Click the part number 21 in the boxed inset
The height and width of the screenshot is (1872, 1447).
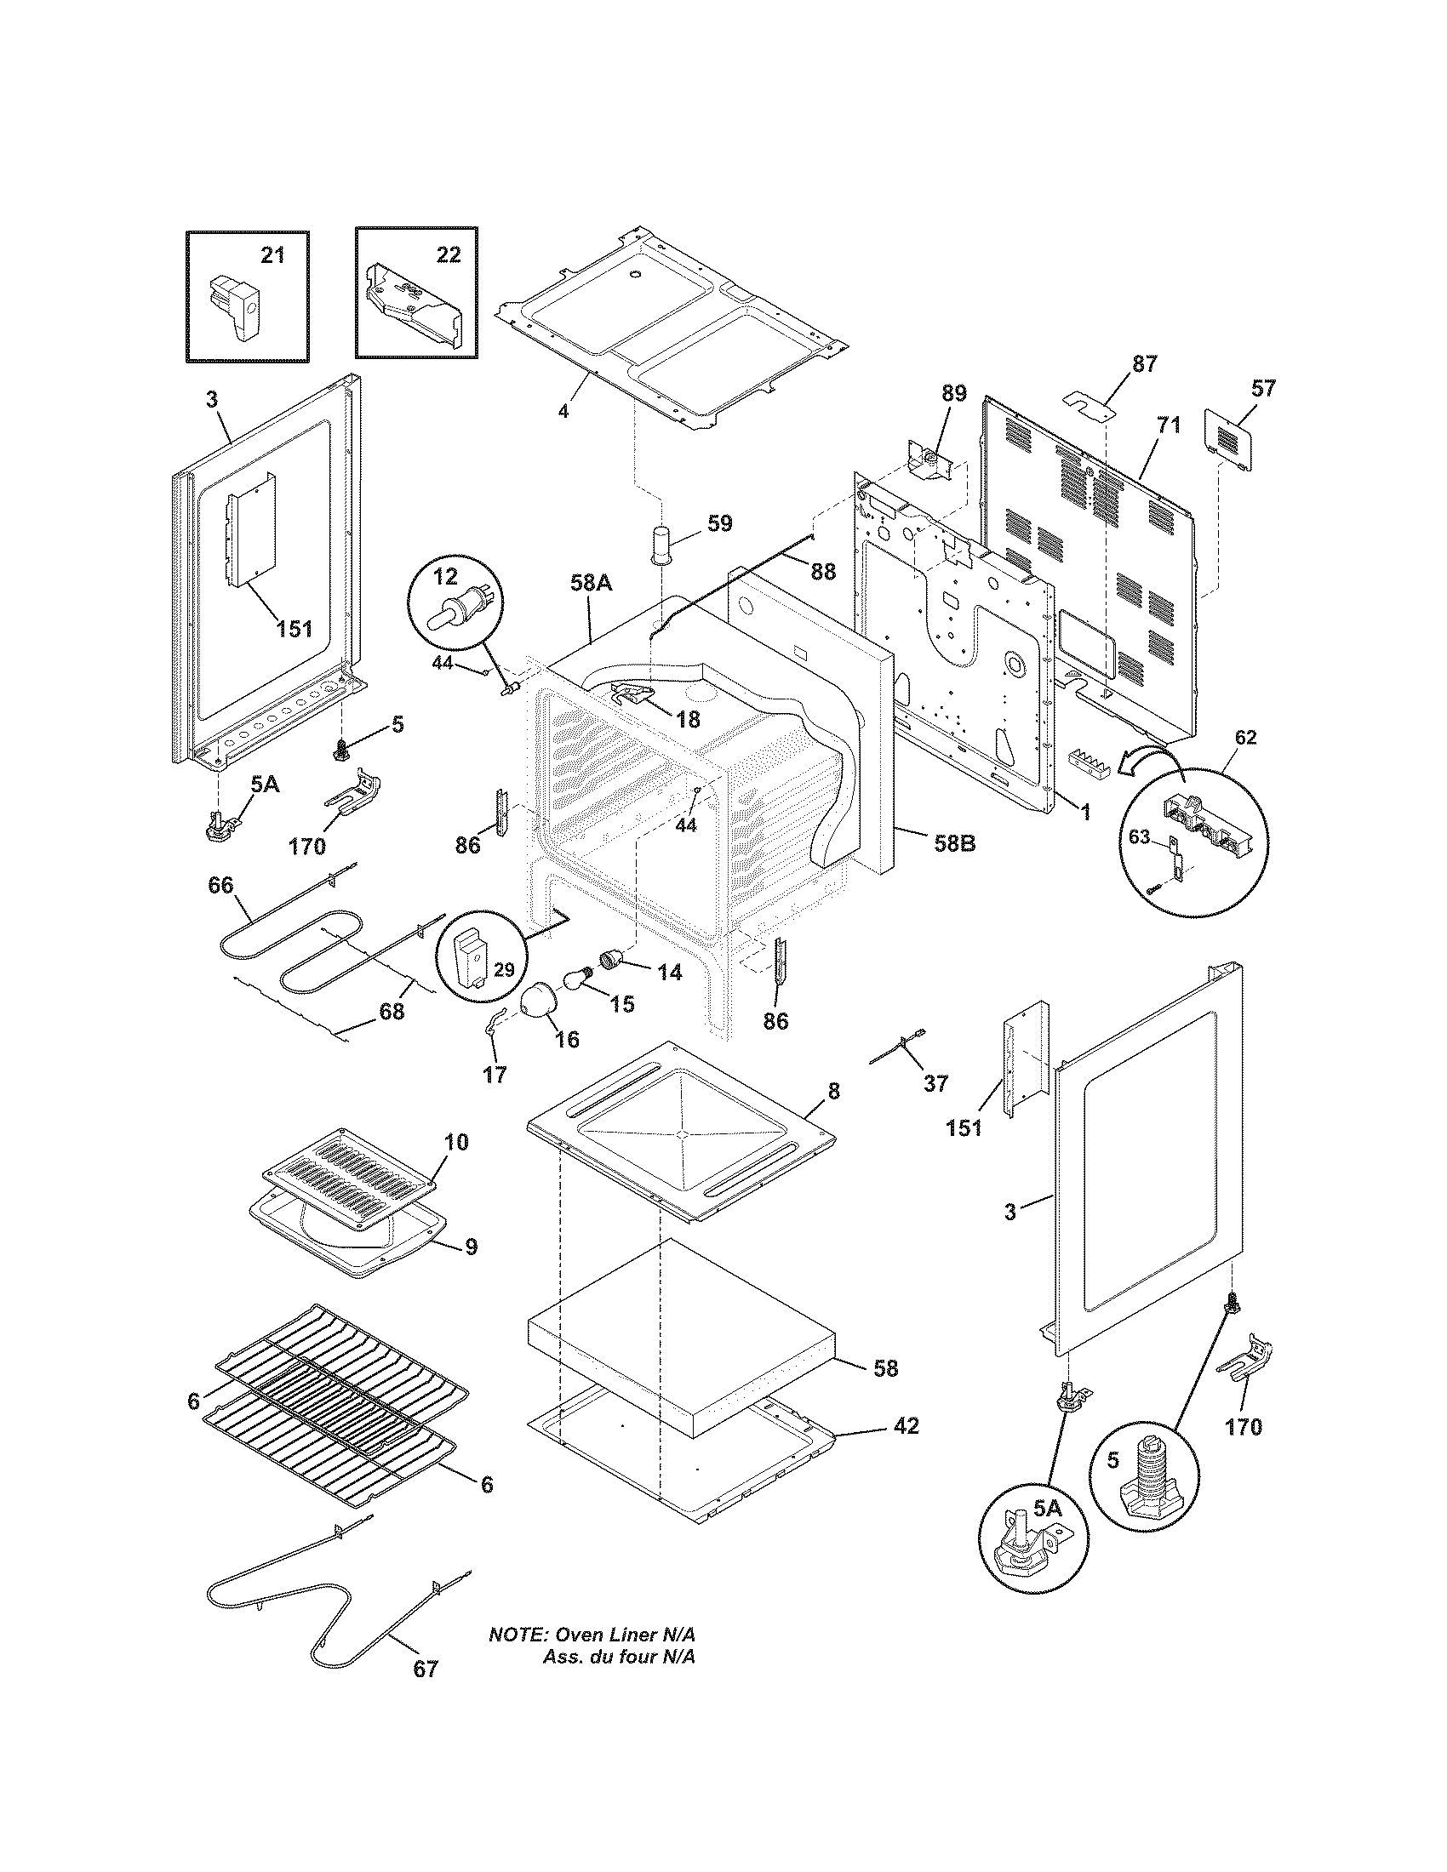272,255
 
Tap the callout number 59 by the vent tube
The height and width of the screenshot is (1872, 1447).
720,522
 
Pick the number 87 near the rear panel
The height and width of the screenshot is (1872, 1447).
1144,363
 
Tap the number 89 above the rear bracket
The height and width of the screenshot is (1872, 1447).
953,393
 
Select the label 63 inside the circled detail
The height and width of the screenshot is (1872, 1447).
1138,837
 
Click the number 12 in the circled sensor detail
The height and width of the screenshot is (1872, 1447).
446,577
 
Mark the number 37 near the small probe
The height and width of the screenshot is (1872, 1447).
935,1083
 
